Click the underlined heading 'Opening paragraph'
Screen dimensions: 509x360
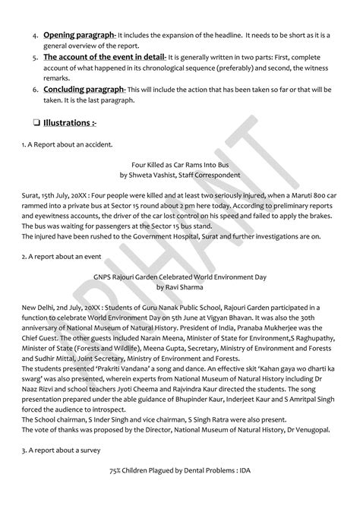[x=79, y=35]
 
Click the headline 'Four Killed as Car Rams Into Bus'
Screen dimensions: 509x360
[x=179, y=163]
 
